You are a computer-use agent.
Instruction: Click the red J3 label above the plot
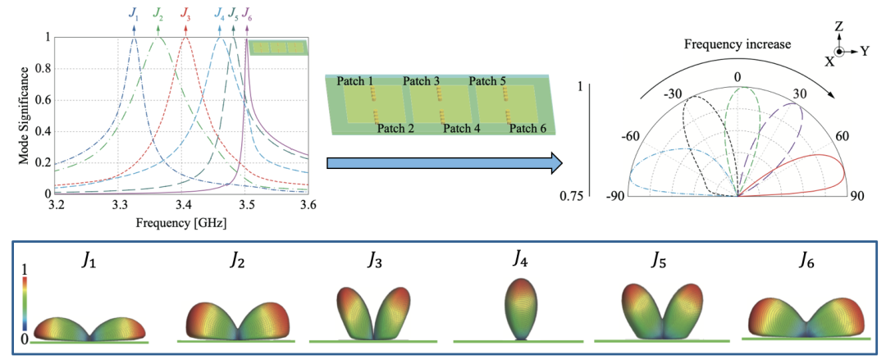[x=186, y=13]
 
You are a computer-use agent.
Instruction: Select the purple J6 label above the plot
[x=248, y=13]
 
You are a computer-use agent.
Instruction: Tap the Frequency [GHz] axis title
[x=181, y=221]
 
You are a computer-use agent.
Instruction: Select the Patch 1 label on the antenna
[x=354, y=80]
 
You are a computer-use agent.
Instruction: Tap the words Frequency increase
[x=738, y=44]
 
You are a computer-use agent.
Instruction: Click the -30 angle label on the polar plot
[x=674, y=93]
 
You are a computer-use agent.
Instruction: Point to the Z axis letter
[x=838, y=28]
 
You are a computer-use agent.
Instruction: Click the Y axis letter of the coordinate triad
[x=865, y=51]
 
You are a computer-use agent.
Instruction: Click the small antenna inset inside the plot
[x=278, y=47]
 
